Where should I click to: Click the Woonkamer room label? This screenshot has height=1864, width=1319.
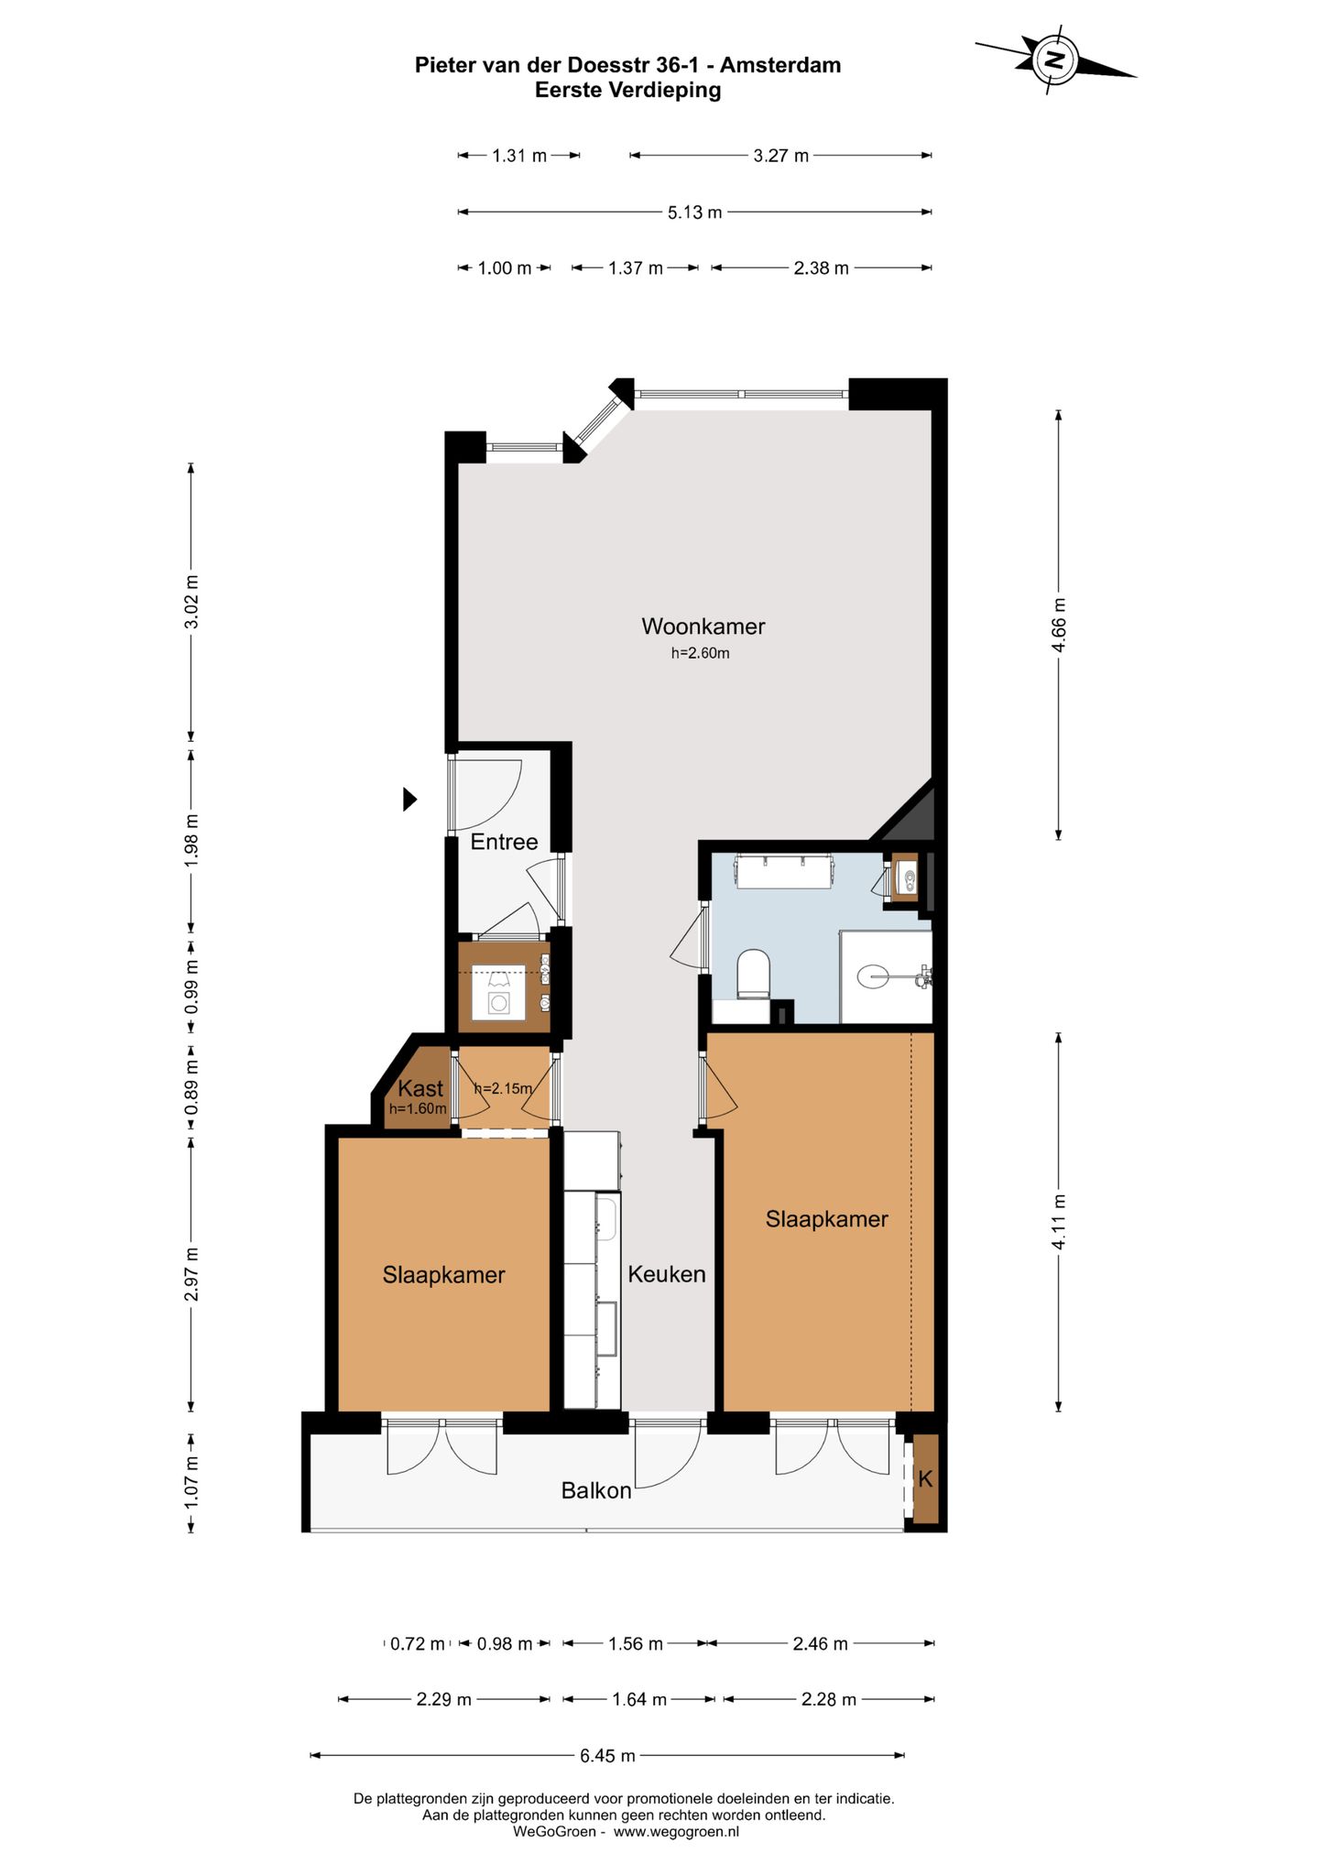(703, 627)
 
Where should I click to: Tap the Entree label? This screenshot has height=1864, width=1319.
(504, 842)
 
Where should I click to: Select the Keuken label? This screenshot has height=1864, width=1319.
(666, 1274)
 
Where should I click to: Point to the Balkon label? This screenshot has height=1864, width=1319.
(596, 1491)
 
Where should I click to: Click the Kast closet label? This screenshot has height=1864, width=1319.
(420, 1088)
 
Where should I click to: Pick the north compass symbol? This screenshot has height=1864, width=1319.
(1055, 60)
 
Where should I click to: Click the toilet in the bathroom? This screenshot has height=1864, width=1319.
(754, 974)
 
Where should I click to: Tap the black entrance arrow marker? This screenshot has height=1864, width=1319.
(409, 800)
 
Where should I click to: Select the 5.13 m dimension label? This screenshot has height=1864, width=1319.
(694, 213)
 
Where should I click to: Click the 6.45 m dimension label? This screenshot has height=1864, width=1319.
(607, 1756)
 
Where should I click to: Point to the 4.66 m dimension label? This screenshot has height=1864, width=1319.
(1059, 625)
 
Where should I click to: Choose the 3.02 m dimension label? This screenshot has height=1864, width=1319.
(191, 602)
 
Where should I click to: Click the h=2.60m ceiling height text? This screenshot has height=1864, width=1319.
(701, 653)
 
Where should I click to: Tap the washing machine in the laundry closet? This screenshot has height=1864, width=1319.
(498, 993)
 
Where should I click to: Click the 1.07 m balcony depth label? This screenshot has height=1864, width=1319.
(191, 1482)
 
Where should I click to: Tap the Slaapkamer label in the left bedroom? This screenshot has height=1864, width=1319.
(443, 1275)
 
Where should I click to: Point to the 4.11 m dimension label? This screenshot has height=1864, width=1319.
(1059, 1222)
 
